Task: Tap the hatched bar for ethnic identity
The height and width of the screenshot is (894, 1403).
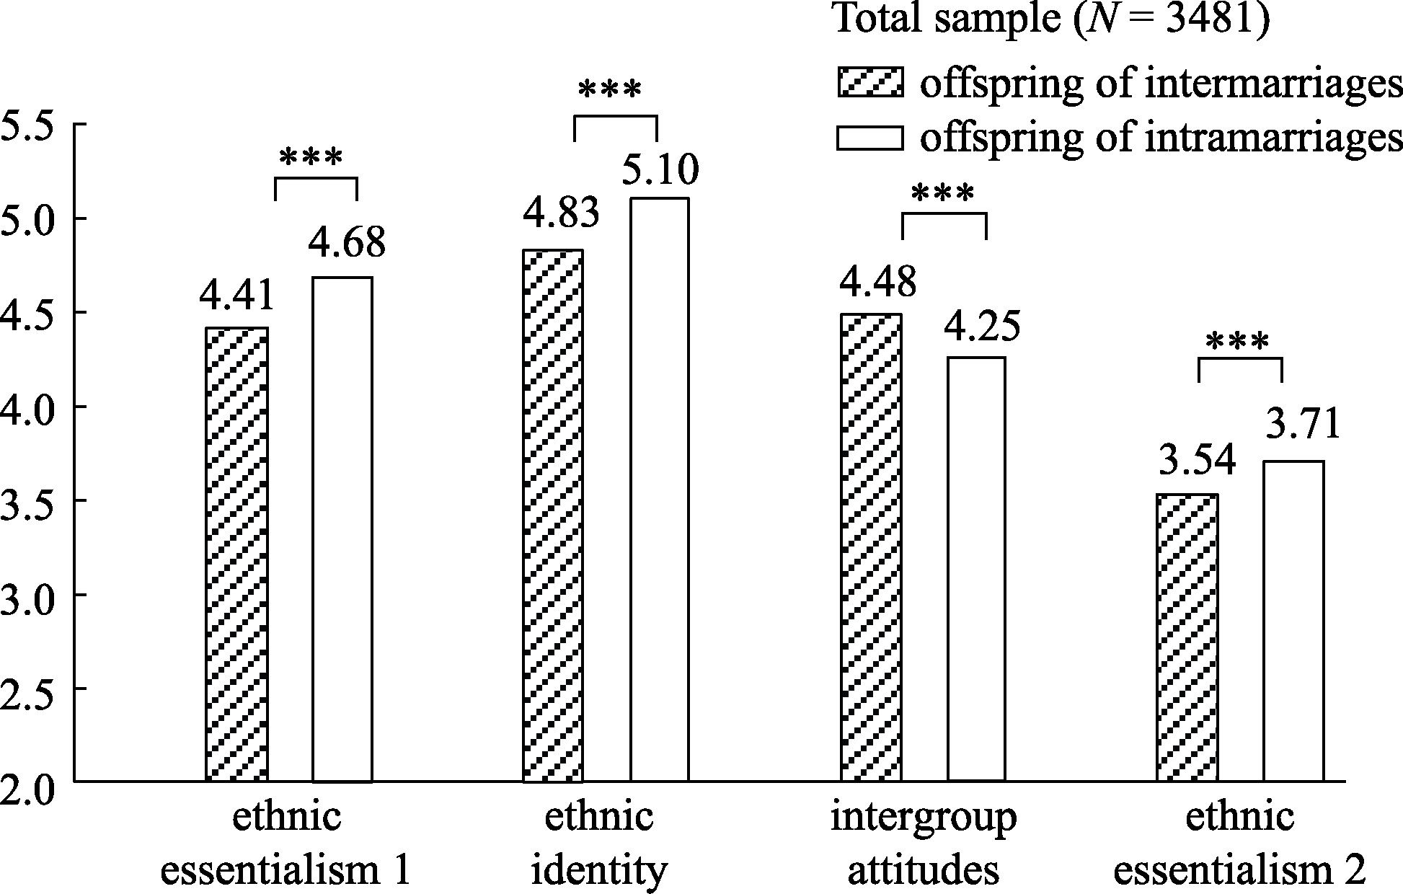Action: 553,515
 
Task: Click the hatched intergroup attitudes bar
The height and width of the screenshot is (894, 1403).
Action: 871,547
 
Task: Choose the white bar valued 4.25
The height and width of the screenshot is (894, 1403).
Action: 976,569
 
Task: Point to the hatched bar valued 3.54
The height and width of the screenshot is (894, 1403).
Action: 1187,637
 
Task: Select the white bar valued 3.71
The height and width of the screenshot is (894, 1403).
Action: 1293,621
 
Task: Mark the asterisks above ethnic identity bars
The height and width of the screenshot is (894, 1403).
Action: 609,91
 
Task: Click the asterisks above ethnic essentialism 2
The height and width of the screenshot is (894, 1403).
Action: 1236,342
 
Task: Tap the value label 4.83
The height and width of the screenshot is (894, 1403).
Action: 561,214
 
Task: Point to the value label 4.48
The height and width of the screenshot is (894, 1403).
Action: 877,280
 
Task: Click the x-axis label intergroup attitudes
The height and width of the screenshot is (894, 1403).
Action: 924,844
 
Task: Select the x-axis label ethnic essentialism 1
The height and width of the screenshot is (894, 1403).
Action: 286,844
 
